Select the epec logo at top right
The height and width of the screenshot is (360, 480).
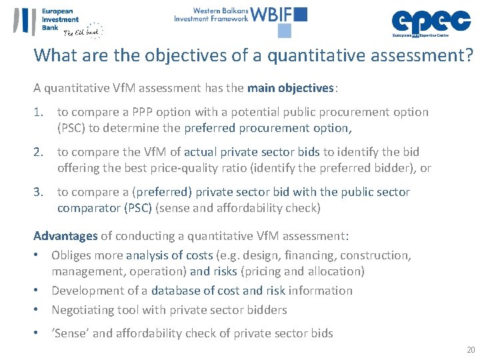coord(430,21)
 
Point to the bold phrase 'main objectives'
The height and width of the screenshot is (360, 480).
coord(291,87)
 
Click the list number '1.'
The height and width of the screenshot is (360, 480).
coord(40,112)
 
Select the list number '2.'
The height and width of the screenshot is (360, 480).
coord(40,152)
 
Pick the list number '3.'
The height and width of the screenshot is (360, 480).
coord(40,192)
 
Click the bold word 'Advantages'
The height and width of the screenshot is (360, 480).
coord(65,236)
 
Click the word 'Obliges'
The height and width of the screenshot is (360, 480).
coord(71,255)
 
